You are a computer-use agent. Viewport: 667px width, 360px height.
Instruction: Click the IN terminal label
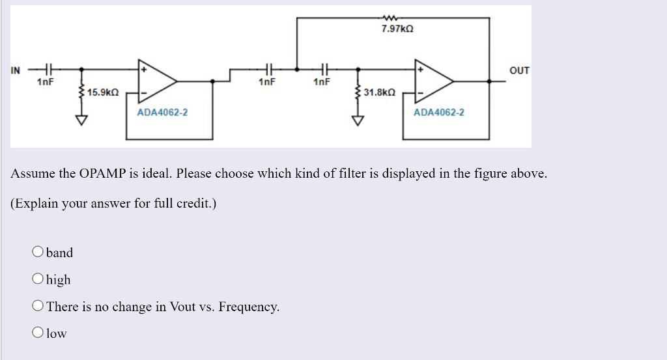16,70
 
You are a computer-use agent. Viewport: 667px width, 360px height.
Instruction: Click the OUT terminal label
519,70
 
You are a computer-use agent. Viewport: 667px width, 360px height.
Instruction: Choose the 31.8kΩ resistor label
379,93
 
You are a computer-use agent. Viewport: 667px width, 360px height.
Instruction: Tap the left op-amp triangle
156,81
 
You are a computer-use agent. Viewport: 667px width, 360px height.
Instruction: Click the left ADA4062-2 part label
162,113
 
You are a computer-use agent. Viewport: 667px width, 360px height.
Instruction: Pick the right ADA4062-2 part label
439,113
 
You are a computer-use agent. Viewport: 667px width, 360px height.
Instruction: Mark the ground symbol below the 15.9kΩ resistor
81,120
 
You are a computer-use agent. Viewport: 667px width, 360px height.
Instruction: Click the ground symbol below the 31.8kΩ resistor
358,120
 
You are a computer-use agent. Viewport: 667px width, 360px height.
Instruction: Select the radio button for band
38,252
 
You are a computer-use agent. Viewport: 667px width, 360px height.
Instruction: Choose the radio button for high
38,279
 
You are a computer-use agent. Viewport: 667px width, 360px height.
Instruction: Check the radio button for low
38,333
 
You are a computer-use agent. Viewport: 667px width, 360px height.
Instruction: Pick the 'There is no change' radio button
38,306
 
